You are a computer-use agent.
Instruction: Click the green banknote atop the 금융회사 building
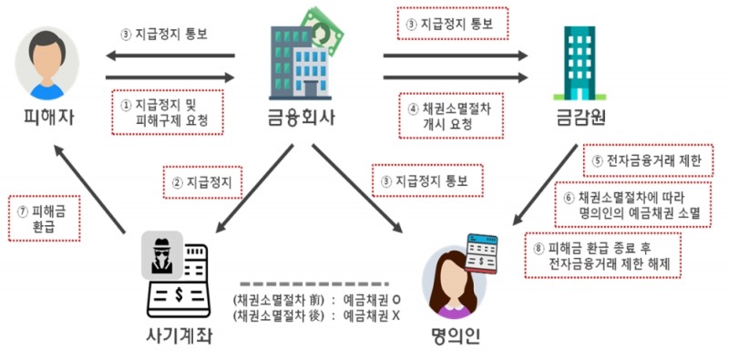[323, 26]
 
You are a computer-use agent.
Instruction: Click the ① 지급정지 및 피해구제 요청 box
[165, 112]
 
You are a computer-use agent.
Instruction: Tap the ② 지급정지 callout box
[201, 182]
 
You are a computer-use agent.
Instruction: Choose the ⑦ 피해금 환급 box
[44, 218]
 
